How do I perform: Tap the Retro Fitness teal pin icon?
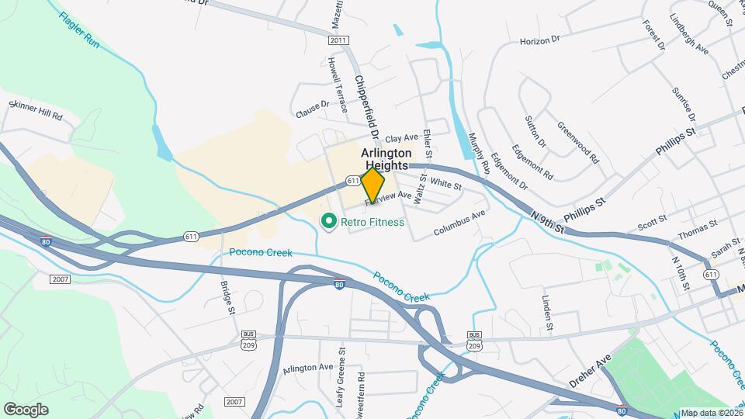(x=328, y=223)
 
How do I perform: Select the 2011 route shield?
(x=338, y=40)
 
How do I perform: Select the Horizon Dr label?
(x=539, y=40)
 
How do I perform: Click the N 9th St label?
(x=547, y=222)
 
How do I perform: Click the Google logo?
(x=26, y=409)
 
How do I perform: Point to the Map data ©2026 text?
(x=711, y=413)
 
